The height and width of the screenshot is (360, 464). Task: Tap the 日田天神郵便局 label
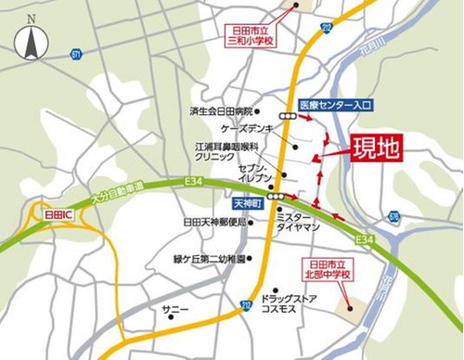tap(215, 223)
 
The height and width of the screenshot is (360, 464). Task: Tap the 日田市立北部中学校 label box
tap(330, 268)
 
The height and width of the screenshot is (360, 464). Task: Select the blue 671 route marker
tap(74, 55)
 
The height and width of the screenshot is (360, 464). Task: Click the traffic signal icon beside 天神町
tap(274, 199)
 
